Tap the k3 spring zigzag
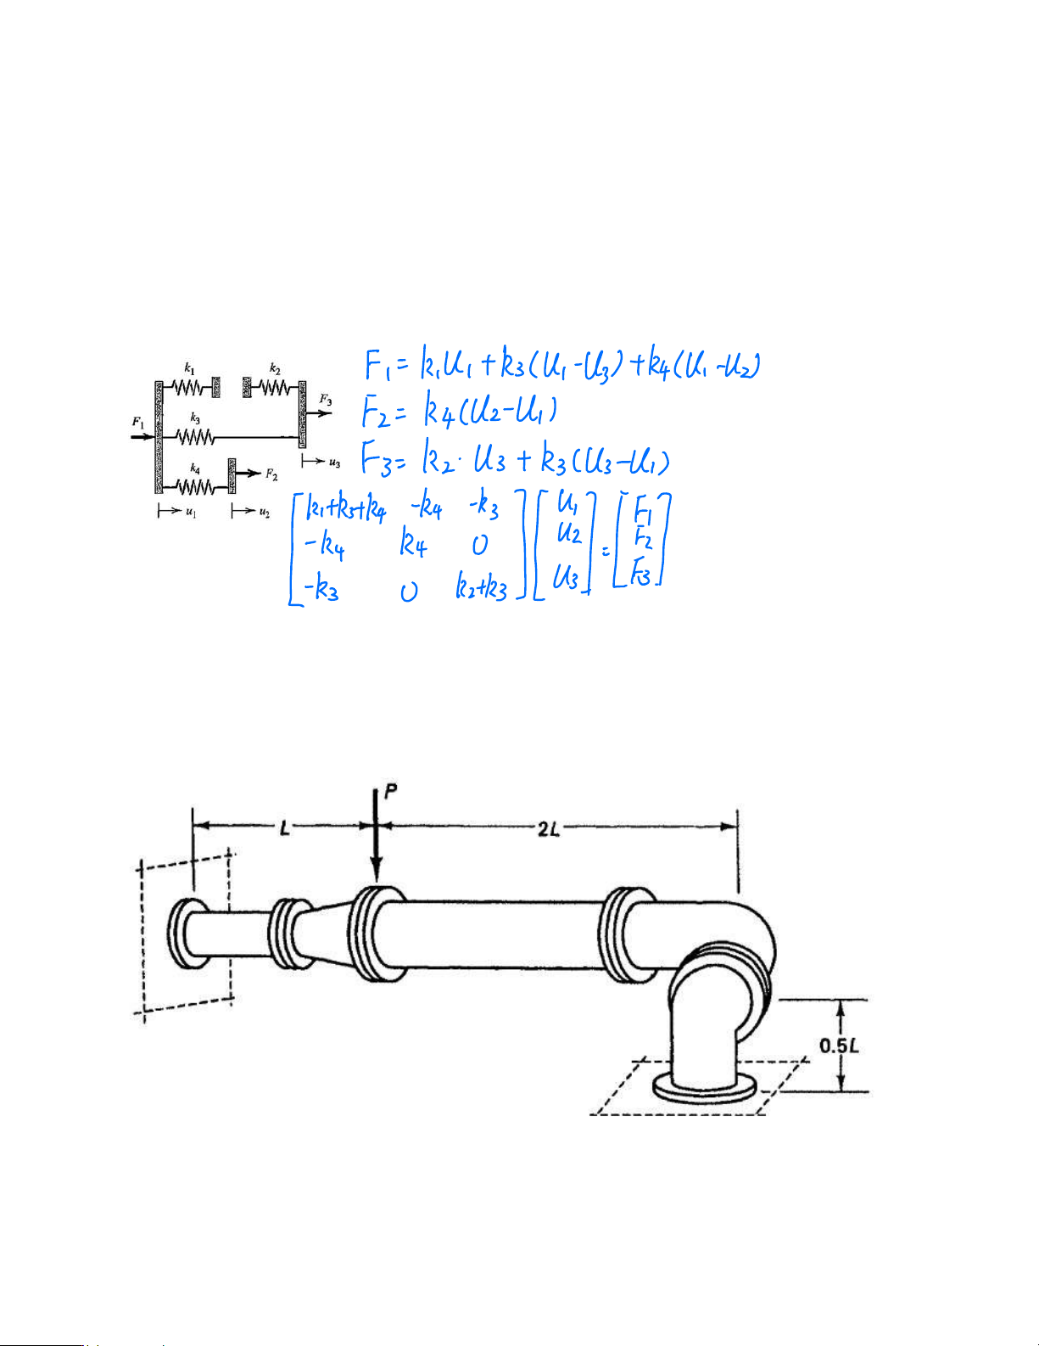pyautogui.click(x=196, y=437)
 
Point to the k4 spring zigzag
pyautogui.click(x=196, y=487)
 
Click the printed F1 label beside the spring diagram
pyautogui.click(x=138, y=423)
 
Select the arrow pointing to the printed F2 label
pyautogui.click(x=249, y=474)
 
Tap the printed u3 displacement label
pyautogui.click(x=334, y=462)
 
